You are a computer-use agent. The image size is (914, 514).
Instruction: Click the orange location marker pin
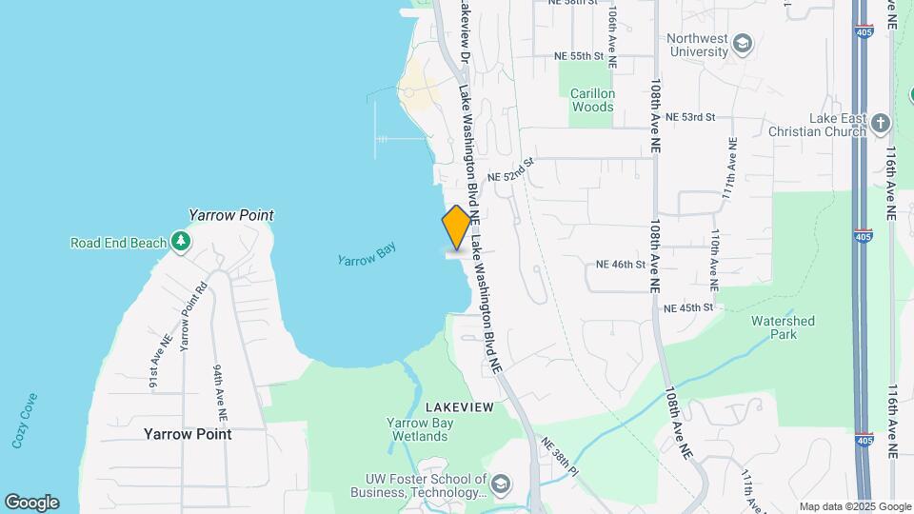(456, 227)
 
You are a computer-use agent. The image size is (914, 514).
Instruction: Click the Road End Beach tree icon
(181, 243)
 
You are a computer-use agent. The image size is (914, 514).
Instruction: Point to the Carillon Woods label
(592, 100)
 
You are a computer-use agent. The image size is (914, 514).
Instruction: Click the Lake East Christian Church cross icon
(881, 124)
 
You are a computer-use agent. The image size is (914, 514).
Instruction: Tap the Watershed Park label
(783, 327)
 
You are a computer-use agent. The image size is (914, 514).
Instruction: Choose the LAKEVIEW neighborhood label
(459, 407)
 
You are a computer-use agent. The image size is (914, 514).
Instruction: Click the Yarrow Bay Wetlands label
(417, 429)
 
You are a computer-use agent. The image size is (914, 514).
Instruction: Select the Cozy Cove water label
(25, 420)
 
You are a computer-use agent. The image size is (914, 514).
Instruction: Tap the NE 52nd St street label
(511, 176)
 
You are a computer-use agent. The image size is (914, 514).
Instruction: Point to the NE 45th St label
(688, 307)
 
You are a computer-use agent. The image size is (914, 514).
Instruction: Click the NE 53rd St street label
(690, 116)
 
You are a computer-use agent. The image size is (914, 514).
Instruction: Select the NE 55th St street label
(580, 56)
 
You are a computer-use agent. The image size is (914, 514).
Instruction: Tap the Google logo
(31, 503)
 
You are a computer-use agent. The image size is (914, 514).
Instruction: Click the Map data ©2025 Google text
(854, 506)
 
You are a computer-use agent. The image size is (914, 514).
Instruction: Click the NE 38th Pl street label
(559, 456)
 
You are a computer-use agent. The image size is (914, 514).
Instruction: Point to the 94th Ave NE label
(220, 392)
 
